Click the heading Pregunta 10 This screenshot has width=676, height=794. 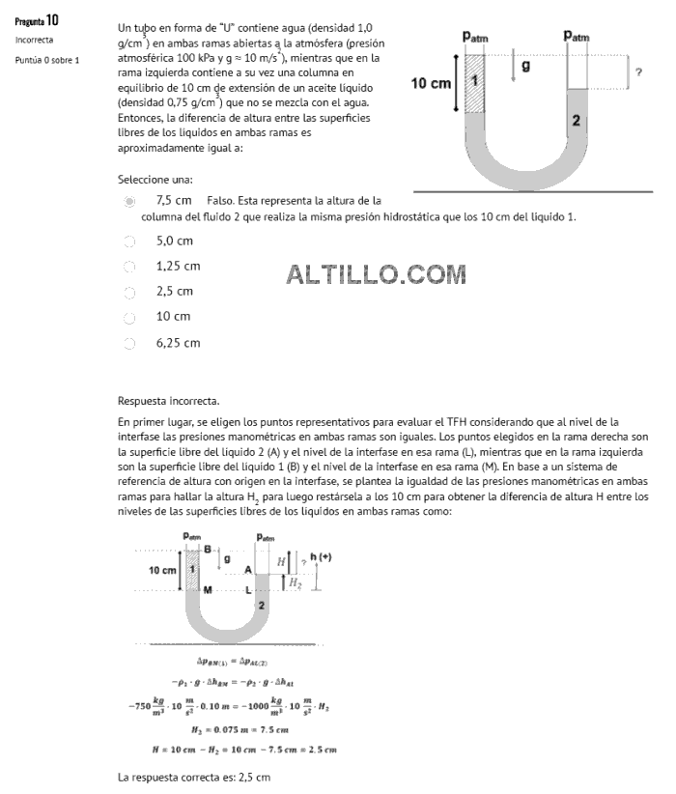pos(37,20)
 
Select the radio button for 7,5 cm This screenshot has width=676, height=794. pos(129,201)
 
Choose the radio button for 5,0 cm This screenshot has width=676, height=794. pos(129,241)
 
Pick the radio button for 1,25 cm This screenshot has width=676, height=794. pos(129,266)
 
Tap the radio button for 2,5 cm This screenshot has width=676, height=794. pos(129,291)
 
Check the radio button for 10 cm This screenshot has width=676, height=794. pos(129,316)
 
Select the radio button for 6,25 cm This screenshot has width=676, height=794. pos(129,342)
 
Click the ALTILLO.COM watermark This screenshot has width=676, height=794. pos(376,275)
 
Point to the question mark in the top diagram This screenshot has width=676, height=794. pos(638,71)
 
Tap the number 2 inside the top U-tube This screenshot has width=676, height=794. pos(576,121)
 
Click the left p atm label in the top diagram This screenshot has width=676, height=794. pos(475,36)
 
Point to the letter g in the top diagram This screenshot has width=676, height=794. pos(525,66)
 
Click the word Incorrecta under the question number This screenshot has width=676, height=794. pos(34,41)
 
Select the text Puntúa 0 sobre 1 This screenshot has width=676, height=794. pos(47,60)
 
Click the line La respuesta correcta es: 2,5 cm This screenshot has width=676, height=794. pos(194,778)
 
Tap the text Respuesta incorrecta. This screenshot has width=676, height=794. pos(168,400)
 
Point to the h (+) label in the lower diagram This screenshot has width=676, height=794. pos(320,557)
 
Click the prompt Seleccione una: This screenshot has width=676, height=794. pos(155,180)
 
